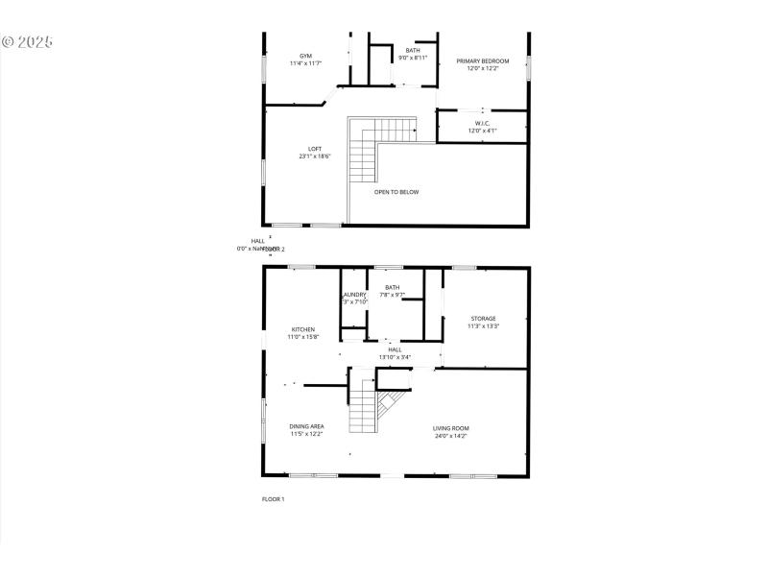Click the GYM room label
coord(305,56)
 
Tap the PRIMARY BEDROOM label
coord(482,60)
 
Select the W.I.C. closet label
coord(482,123)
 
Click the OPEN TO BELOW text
coord(396,192)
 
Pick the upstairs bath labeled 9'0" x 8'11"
coord(413,51)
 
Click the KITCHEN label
coord(302,329)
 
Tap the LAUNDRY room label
coord(353,295)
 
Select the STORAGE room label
coord(483,319)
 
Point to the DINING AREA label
coord(306,426)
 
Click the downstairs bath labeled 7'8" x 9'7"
coord(392,288)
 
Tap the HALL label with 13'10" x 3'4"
coord(395,349)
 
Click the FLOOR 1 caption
coord(274,499)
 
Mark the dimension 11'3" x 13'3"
coord(483,326)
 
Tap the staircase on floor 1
coord(370,403)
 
